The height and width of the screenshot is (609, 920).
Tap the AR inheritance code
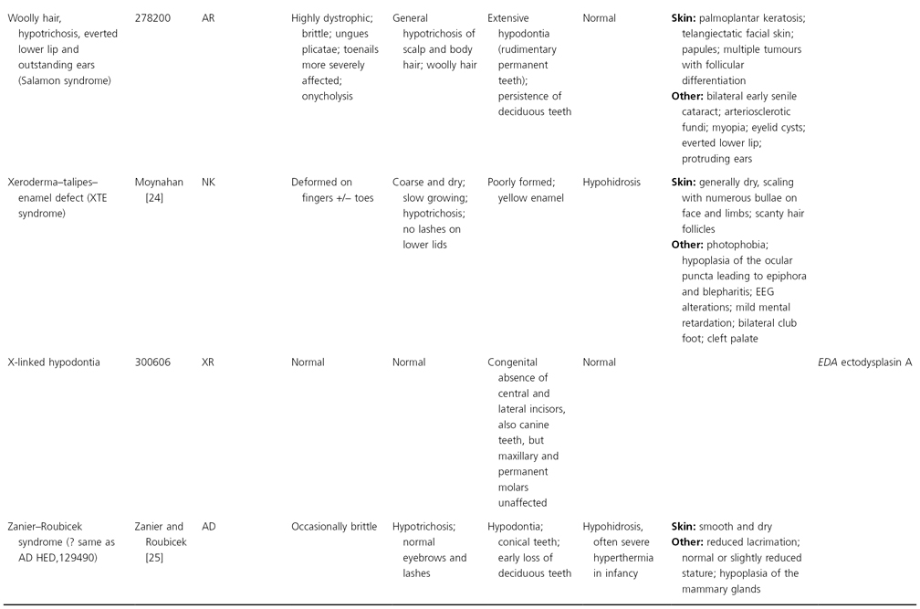click(x=209, y=18)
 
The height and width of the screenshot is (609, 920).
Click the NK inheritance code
click(x=209, y=183)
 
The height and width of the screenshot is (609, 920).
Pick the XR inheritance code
click(x=209, y=362)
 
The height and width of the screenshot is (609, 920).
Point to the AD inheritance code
click(x=209, y=527)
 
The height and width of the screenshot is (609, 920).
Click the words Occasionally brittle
click(x=334, y=527)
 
